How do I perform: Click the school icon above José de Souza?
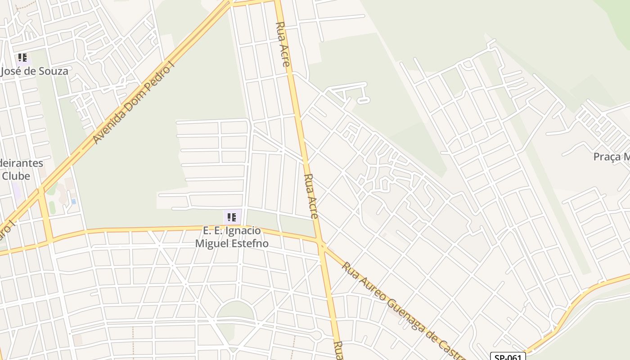pos(22,58)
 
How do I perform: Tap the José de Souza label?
pos(35,71)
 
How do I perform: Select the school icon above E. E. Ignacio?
pos(232,218)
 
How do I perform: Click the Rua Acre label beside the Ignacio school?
pos(311,196)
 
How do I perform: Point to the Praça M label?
pos(612,157)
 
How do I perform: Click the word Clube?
pos(16,176)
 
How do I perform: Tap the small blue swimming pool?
pos(73,202)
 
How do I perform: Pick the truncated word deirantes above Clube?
pos(22,163)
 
